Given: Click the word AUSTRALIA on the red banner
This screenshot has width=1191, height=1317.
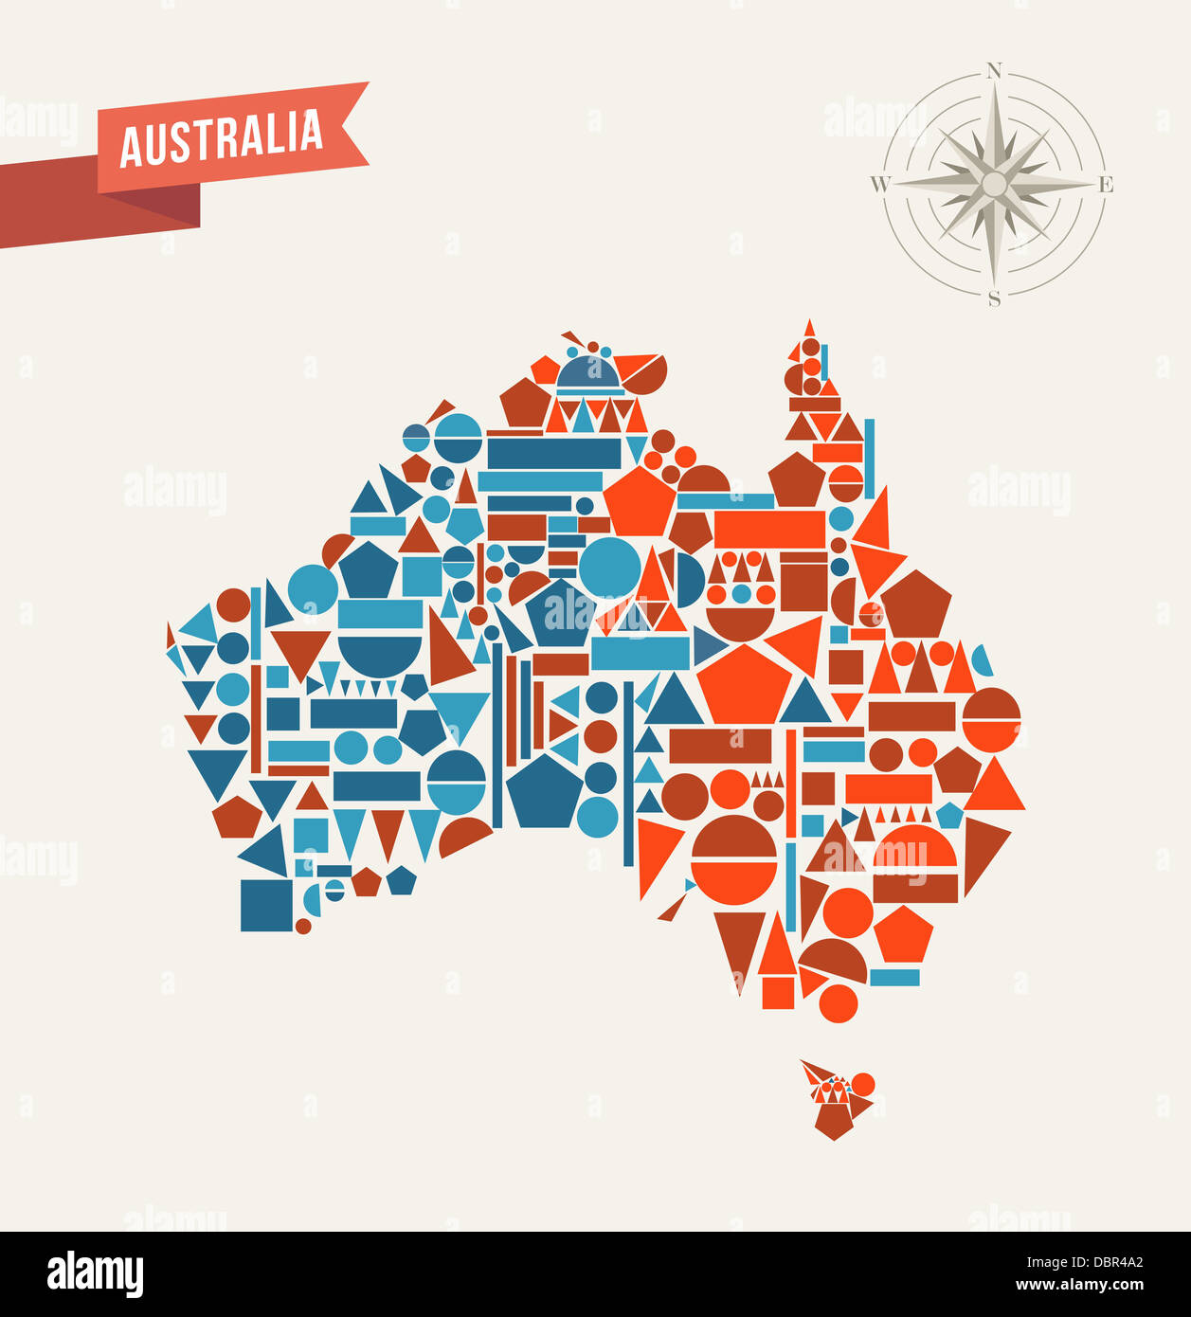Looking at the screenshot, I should pos(222,138).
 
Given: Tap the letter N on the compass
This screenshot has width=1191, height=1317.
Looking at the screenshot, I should pos(994,70).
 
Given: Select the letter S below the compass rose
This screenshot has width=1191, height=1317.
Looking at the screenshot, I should pos(994,299).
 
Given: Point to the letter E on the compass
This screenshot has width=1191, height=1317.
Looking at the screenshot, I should pos(1106,185).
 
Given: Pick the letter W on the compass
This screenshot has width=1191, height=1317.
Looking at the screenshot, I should pos(879,184).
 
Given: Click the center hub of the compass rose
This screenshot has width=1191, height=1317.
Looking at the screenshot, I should pos(994,184).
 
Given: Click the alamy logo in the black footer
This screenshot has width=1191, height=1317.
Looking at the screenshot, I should pos(95,1274).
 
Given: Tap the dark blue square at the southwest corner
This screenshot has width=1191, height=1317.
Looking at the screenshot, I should pos(266,905).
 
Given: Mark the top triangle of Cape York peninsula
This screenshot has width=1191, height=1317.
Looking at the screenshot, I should pos(809,329).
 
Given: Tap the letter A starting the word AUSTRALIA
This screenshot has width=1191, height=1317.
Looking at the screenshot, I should pos(131,150).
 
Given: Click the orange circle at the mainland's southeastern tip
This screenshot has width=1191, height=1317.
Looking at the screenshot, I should pos(838,1003).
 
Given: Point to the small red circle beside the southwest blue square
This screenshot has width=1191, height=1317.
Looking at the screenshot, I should pos(303,926).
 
